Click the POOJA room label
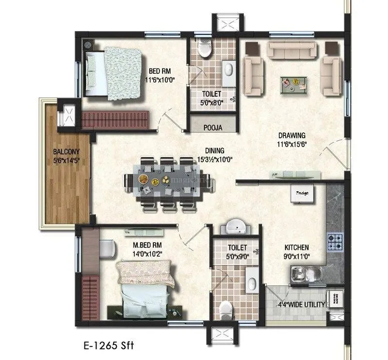213,128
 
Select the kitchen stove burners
335,242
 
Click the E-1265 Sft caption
108,346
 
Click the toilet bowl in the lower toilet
226,309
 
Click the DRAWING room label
292,135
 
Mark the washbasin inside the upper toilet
227,69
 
